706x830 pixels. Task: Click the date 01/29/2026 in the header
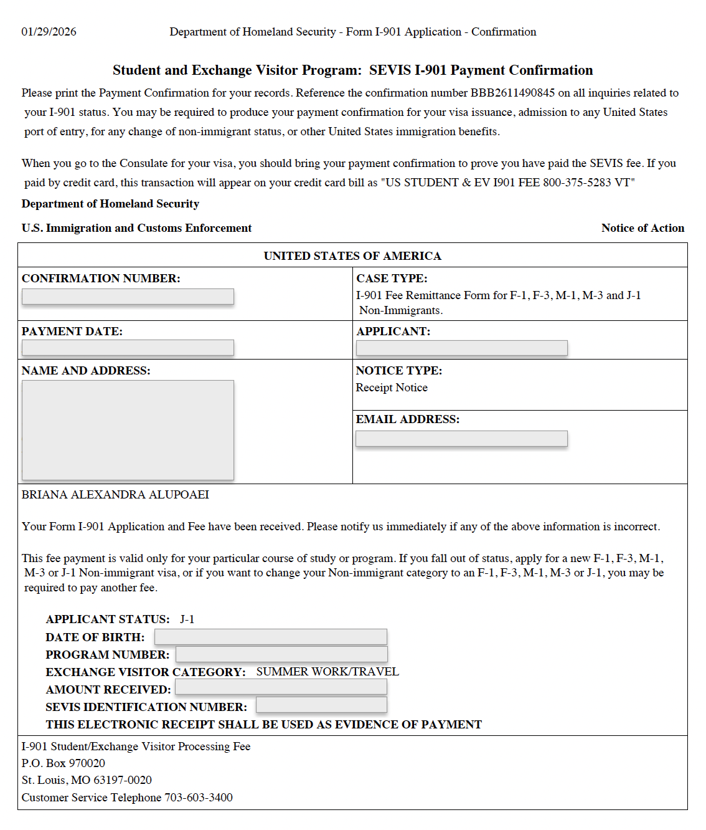(x=49, y=32)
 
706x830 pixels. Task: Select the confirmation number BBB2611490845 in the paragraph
(x=512, y=93)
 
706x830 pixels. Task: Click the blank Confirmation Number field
(x=128, y=297)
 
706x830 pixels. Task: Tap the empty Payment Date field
(x=128, y=348)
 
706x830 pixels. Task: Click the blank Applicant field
(x=461, y=348)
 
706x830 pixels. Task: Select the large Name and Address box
(x=128, y=430)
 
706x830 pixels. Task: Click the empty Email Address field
(x=461, y=439)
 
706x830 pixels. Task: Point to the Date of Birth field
(x=270, y=637)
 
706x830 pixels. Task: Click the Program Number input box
(x=281, y=654)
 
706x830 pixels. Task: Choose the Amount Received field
(x=281, y=687)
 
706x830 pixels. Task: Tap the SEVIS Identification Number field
(x=321, y=705)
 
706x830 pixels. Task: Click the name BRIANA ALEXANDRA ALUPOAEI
(x=115, y=495)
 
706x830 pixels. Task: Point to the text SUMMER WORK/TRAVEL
(x=327, y=672)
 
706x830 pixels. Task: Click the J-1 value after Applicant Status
(x=187, y=619)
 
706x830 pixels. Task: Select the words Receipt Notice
(x=392, y=388)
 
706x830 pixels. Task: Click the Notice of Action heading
(x=642, y=228)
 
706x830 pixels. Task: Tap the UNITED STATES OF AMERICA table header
(x=352, y=256)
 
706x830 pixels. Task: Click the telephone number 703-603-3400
(x=199, y=798)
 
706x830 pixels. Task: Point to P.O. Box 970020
(x=63, y=763)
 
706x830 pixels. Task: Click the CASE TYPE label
(x=392, y=279)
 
